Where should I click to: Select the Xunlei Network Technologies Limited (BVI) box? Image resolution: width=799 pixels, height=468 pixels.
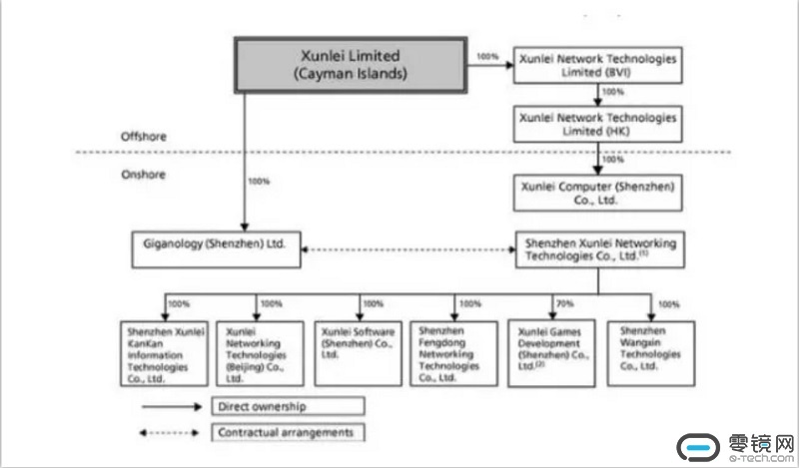pyautogui.click(x=597, y=66)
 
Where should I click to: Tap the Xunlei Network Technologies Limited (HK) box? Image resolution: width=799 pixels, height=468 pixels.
pyautogui.click(x=597, y=124)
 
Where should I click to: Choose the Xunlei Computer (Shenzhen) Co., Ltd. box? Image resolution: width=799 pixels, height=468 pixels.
pyautogui.click(x=597, y=192)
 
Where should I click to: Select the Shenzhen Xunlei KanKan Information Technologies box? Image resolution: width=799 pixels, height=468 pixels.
pyautogui.click(x=165, y=352)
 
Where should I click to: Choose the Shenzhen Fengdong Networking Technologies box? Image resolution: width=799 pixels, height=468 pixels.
pyautogui.click(x=454, y=352)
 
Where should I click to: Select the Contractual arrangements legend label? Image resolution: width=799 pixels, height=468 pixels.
pyautogui.click(x=286, y=432)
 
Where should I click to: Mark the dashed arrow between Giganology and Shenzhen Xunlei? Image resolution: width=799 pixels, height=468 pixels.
pyautogui.click(x=408, y=249)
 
